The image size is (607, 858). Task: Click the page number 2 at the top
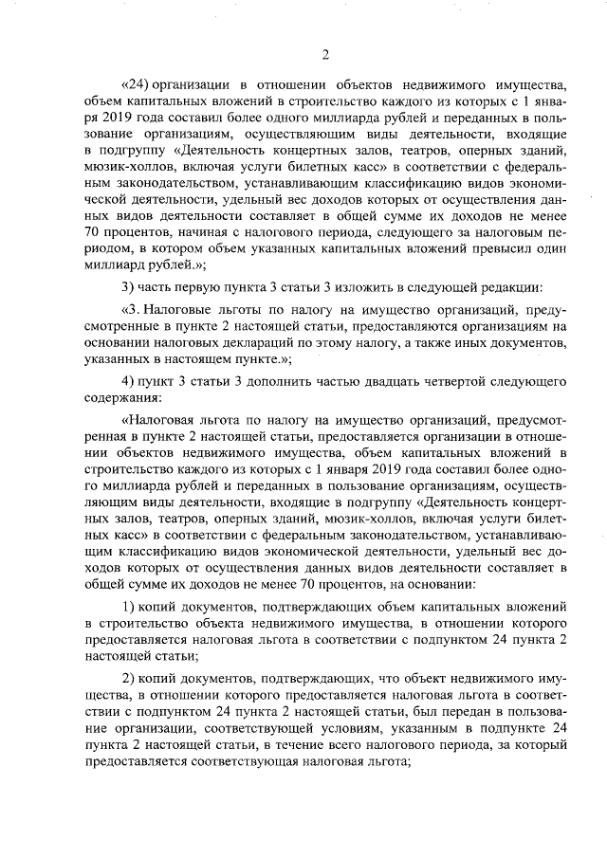point(324,54)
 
